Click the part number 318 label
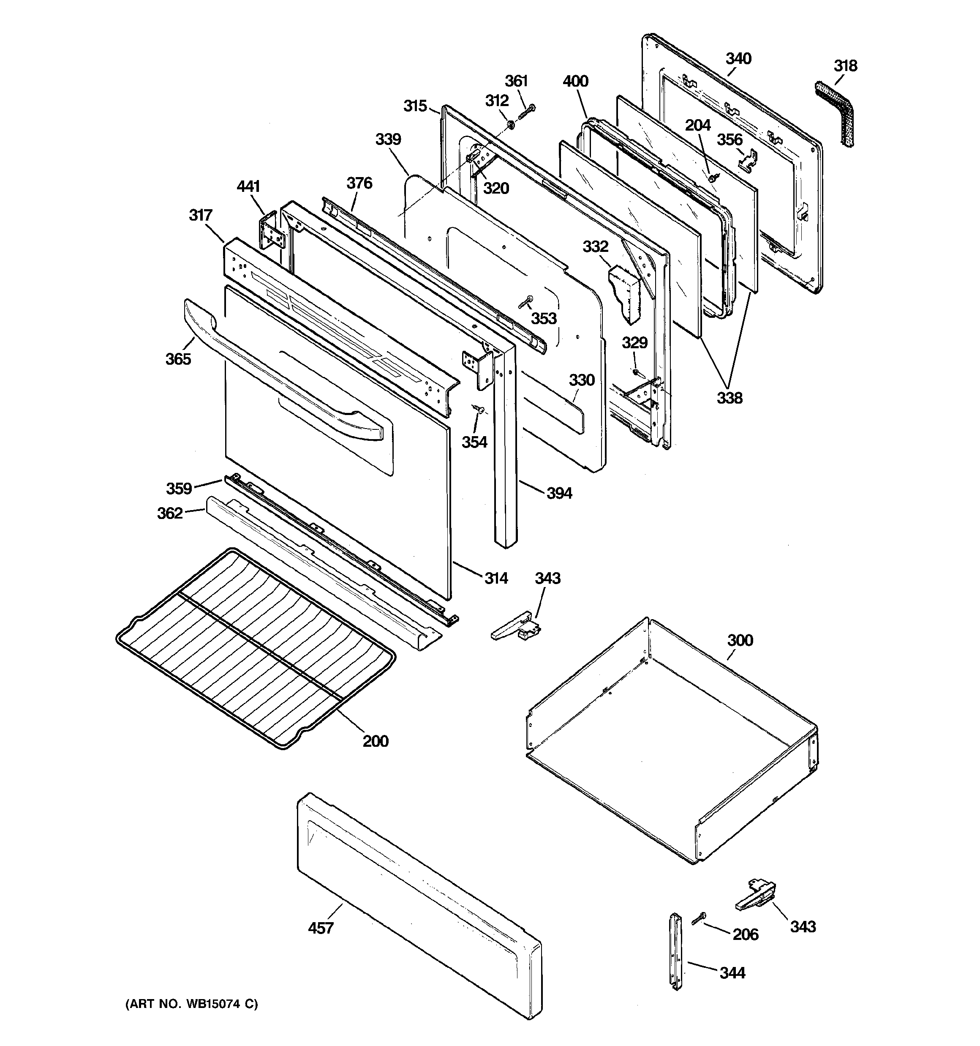(x=845, y=66)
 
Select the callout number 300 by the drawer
(x=740, y=640)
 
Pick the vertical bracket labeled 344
(x=675, y=952)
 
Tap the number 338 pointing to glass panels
(x=730, y=398)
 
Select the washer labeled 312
(x=511, y=125)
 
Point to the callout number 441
(x=248, y=186)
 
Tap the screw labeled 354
(x=479, y=408)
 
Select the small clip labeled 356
(x=749, y=159)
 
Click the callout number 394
(x=559, y=493)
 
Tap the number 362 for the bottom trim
(x=170, y=513)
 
